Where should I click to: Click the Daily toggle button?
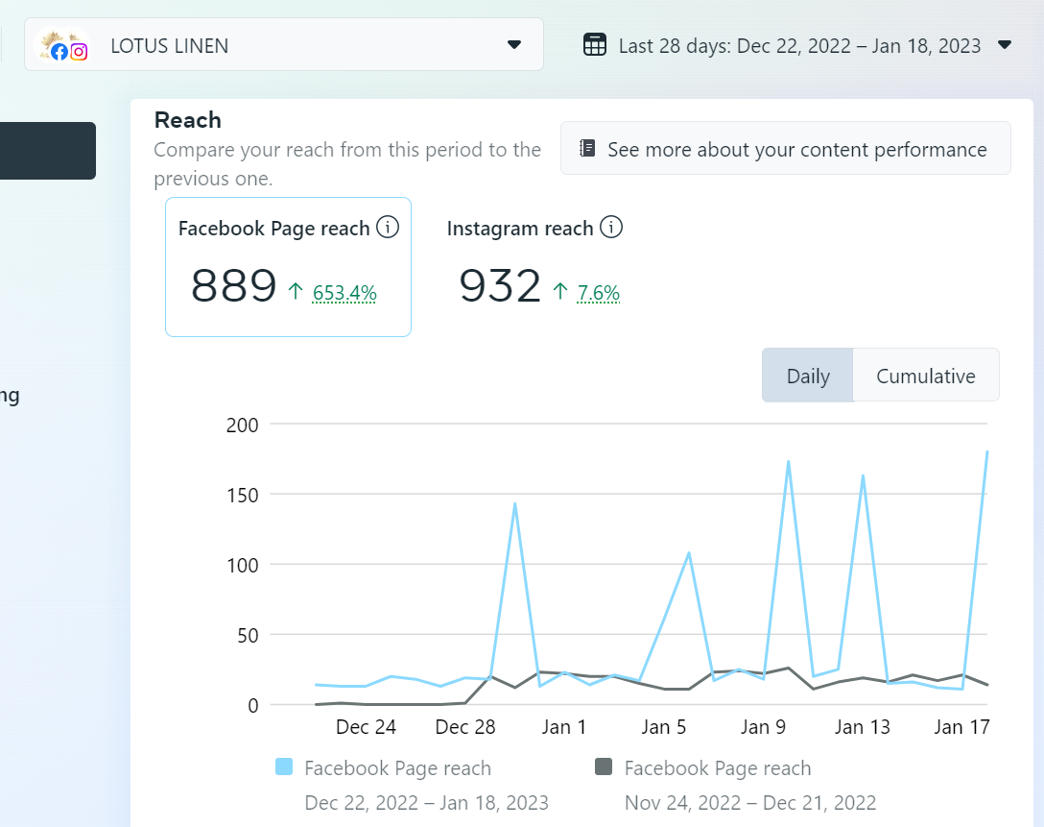click(807, 376)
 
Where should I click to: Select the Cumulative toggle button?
click(925, 376)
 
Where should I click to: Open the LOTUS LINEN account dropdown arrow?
click(513, 45)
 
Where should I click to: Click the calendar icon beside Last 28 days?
click(595, 45)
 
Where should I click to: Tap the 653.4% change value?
click(344, 293)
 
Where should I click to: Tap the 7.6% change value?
click(598, 293)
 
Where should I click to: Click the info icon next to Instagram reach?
click(611, 228)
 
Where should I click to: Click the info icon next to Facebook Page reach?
click(388, 228)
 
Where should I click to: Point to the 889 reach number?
click(234, 285)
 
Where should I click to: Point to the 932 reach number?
click(500, 285)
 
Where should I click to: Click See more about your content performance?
click(785, 149)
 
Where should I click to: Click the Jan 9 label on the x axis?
click(763, 727)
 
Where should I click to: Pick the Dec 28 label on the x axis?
click(465, 727)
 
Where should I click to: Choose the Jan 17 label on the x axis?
click(961, 727)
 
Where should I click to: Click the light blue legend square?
click(284, 767)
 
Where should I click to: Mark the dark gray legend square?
click(604, 767)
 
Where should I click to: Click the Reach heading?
click(188, 120)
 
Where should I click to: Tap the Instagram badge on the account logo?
click(80, 52)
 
